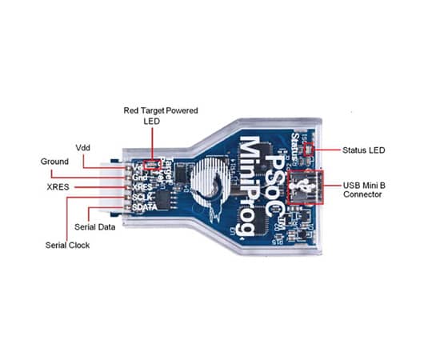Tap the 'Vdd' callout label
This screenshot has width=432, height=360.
pyautogui.click(x=83, y=149)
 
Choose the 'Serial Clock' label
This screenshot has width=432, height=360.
pyautogui.click(x=67, y=245)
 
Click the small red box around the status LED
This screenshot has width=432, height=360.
pyautogui.click(x=310, y=149)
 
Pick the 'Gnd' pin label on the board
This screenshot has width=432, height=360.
pyautogui.click(x=139, y=176)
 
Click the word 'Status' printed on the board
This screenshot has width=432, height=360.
pyautogui.click(x=297, y=144)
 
